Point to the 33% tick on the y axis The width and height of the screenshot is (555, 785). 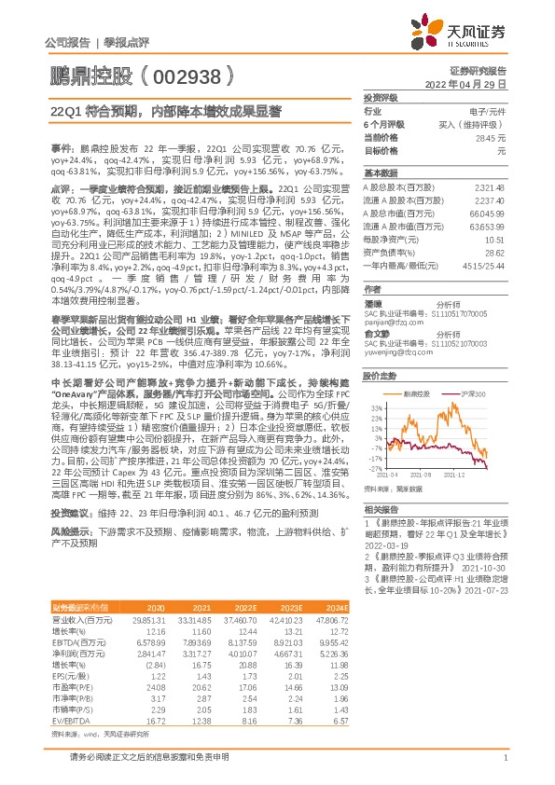377,407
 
